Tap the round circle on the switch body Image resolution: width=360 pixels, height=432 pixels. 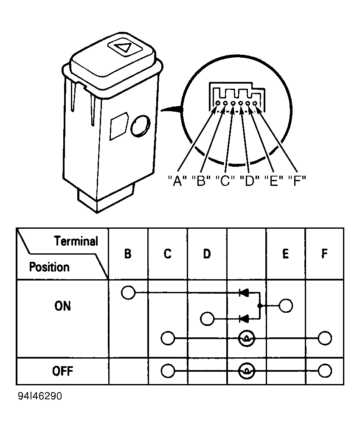(x=141, y=126)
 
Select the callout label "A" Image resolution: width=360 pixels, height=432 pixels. (x=177, y=181)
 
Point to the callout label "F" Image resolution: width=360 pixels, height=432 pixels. (x=297, y=181)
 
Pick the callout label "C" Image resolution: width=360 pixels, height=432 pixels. (x=225, y=181)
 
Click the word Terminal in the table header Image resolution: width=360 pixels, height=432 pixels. (x=76, y=241)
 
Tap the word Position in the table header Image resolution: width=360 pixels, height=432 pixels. (x=49, y=267)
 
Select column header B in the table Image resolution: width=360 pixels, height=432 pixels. (x=128, y=254)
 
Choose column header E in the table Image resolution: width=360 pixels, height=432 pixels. (x=286, y=254)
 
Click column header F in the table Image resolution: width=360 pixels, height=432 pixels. (x=324, y=254)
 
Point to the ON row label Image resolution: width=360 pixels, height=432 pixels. (x=62, y=306)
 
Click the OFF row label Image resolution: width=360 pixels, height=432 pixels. (x=62, y=371)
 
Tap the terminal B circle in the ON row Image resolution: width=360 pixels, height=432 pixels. (x=128, y=292)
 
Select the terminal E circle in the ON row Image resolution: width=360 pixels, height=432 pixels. (x=286, y=306)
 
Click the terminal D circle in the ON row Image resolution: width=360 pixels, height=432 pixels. (x=207, y=319)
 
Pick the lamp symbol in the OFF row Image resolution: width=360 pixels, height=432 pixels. (x=247, y=371)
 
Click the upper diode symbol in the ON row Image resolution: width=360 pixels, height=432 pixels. (x=244, y=292)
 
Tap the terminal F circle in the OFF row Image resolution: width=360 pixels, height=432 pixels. (x=325, y=371)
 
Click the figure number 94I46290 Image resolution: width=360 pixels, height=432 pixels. (x=40, y=396)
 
